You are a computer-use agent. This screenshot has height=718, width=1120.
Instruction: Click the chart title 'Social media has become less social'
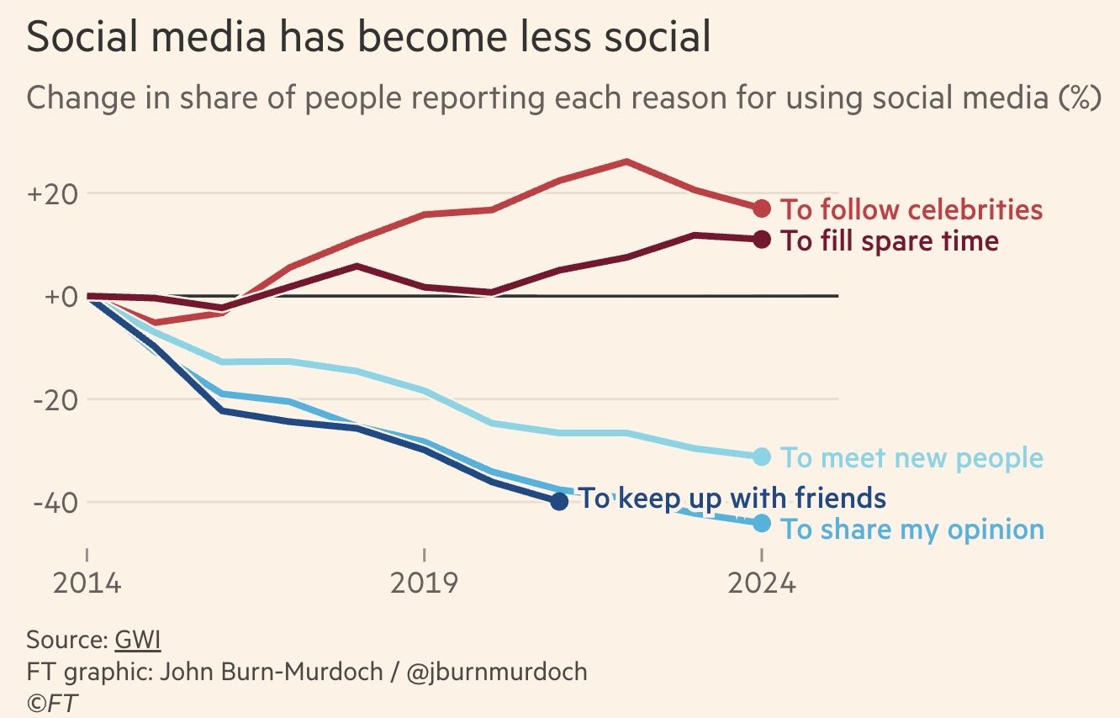point(368,39)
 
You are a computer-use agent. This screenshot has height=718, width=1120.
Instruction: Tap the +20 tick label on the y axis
point(52,193)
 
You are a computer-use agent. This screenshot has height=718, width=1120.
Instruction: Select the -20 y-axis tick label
point(55,399)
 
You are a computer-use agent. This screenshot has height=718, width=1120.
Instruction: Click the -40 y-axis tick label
point(55,503)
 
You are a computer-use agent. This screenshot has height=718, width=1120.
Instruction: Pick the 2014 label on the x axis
point(87,583)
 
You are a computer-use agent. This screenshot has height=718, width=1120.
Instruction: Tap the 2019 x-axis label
point(425,583)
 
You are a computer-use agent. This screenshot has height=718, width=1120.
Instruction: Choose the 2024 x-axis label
point(761,583)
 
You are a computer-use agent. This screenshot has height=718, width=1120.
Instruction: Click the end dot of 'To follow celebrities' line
point(762,208)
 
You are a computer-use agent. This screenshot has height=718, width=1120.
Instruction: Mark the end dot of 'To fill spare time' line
point(762,240)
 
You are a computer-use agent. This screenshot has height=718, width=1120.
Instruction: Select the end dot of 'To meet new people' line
point(762,457)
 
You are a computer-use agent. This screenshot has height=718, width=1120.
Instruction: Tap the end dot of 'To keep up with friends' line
point(559,501)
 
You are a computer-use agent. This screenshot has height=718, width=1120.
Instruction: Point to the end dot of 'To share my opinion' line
point(762,524)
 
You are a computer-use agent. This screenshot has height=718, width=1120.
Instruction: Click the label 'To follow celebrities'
point(911,209)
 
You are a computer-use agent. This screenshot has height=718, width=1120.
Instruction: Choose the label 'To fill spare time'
point(890,241)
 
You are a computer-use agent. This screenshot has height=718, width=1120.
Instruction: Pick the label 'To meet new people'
point(911,458)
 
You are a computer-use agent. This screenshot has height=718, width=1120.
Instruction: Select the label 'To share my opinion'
point(912,531)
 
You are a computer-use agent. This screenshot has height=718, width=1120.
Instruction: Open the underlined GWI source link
point(137,640)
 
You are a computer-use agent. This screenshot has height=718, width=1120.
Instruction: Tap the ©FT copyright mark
point(52,703)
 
